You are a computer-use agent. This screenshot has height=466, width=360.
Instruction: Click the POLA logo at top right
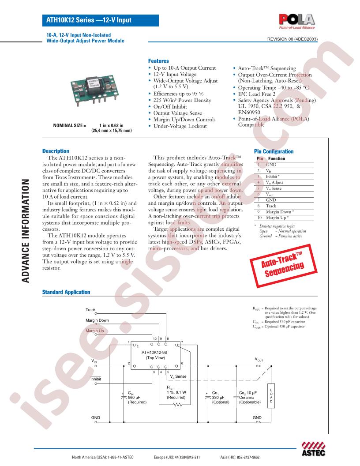(x=297, y=22)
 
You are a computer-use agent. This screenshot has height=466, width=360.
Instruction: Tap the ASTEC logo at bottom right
(x=313, y=449)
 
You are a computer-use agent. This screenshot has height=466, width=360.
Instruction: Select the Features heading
(x=158, y=61)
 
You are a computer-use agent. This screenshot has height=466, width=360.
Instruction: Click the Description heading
(x=56, y=151)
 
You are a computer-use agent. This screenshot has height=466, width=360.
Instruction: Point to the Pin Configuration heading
(x=274, y=151)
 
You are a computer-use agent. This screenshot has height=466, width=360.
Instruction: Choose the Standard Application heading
(x=66, y=292)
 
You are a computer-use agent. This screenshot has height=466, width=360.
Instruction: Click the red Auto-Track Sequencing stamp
(x=283, y=265)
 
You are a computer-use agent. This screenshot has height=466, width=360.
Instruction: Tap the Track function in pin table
(x=271, y=206)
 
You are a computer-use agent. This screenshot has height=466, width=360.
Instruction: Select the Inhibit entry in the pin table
(x=272, y=177)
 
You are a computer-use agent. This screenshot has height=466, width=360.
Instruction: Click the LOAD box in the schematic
(x=271, y=395)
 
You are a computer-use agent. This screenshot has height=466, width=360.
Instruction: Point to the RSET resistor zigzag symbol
(x=178, y=405)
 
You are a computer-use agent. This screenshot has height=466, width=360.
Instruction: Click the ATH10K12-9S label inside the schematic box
(x=154, y=352)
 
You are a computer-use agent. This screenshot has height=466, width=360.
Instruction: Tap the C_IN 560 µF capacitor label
(x=137, y=397)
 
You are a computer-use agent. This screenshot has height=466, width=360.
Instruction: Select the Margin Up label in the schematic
(x=95, y=331)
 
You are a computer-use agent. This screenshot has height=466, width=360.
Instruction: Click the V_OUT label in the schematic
(x=259, y=360)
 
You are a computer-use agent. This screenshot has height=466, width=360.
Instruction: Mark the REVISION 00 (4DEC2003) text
(x=292, y=39)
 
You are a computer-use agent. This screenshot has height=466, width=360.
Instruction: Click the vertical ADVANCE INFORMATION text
(x=26, y=231)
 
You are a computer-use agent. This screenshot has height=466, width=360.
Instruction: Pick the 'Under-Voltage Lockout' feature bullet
(x=180, y=126)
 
